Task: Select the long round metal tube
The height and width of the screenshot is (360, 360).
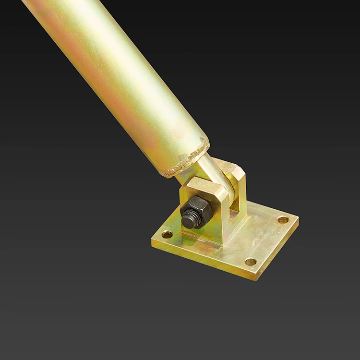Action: coord(120,82)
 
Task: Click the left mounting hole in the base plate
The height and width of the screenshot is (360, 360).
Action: coord(167,235)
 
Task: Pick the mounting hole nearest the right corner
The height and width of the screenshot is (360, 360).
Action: coord(283,220)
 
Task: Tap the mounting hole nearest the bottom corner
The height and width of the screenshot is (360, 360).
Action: coord(251,262)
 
